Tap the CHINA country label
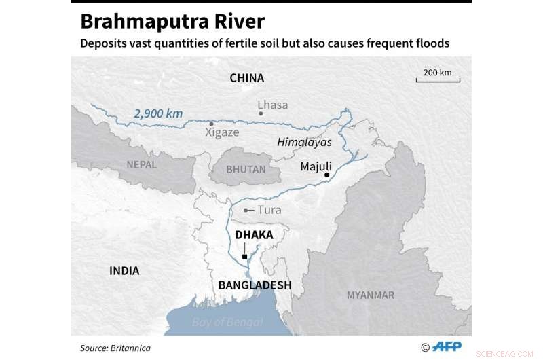(246, 78)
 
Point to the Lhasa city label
(273, 105)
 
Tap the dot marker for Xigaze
(212, 123)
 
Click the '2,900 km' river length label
(158, 113)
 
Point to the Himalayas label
(304, 142)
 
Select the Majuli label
(316, 166)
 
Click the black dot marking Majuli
(326, 175)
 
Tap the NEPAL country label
(141, 164)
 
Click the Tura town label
(265, 210)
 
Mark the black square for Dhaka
(244, 257)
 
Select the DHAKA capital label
(253, 235)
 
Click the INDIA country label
(124, 270)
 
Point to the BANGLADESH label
(255, 285)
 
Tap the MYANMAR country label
(370, 295)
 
